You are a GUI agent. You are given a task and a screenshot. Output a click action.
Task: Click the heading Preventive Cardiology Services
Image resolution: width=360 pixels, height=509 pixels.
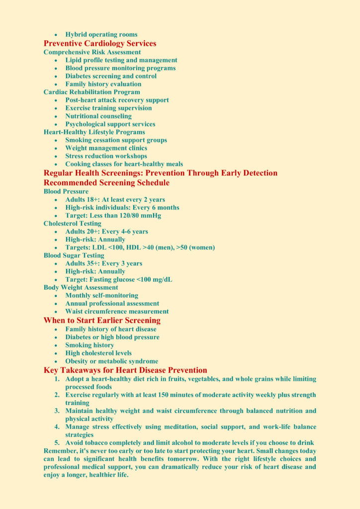(100, 43)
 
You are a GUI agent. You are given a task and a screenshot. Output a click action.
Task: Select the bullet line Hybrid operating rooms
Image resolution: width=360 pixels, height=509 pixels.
(101, 34)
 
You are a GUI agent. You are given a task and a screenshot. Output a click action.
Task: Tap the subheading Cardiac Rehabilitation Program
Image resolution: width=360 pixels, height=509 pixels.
(92, 92)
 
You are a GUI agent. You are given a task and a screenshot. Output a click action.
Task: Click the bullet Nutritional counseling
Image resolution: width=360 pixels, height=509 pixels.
(98, 116)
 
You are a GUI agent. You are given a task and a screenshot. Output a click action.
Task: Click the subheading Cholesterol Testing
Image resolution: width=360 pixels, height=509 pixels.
(72, 224)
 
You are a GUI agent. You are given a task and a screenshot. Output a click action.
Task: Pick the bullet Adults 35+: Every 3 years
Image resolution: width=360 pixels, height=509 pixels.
(103, 263)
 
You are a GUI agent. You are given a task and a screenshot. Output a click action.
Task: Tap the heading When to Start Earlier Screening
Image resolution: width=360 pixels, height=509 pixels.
(102, 321)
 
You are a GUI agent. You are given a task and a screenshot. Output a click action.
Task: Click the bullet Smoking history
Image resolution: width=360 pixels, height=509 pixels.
(90, 345)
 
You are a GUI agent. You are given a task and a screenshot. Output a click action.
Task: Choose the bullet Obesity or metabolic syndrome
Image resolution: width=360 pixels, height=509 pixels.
(112, 361)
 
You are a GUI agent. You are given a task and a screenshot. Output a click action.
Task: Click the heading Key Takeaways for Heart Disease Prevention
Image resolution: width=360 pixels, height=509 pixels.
(125, 370)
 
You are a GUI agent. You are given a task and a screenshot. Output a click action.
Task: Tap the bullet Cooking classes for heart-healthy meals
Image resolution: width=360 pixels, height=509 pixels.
(124, 164)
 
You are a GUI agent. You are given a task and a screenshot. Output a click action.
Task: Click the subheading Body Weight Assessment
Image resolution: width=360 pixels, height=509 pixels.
(81, 287)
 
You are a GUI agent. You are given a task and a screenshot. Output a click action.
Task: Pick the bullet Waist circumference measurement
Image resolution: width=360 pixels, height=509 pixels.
(117, 312)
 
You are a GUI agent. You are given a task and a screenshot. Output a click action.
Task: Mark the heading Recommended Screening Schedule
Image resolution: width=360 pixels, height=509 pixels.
(106, 183)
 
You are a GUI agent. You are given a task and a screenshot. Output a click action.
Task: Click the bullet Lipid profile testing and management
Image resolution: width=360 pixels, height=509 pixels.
(121, 60)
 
